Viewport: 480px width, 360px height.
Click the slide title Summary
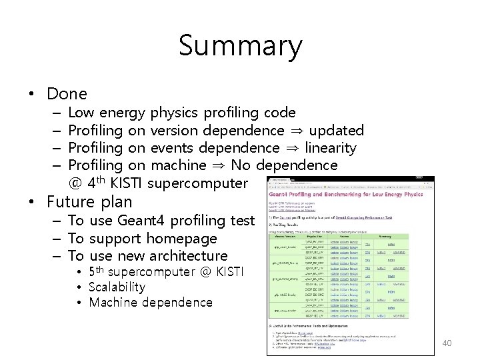[240, 46]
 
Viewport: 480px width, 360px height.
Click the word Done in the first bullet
[67, 94]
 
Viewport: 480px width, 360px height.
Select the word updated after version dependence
[337, 130]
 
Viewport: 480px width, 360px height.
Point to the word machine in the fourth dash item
[179, 165]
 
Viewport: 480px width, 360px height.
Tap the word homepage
[186, 238]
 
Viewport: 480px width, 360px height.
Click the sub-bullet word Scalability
[117, 287]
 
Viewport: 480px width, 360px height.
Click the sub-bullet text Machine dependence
[150, 303]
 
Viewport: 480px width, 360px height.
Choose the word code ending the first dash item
[280, 113]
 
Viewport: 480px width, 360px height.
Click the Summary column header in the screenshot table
[404, 235]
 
